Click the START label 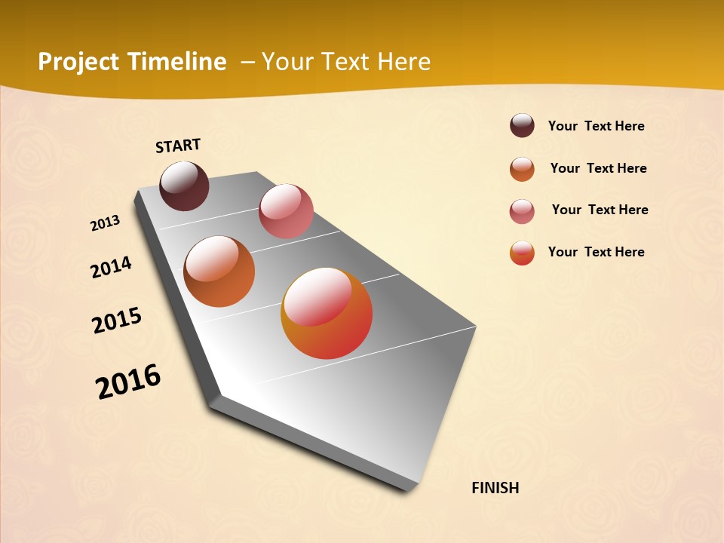(x=178, y=146)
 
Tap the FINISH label (x=495, y=488)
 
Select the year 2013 (x=105, y=223)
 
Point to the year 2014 (x=111, y=268)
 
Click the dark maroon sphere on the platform (x=184, y=186)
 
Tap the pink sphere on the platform (x=286, y=211)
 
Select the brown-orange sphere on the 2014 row (x=219, y=271)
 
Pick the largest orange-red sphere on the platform (x=327, y=313)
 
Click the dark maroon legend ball (x=522, y=126)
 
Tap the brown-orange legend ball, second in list (x=522, y=169)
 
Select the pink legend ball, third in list (x=522, y=211)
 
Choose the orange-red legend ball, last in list (x=522, y=253)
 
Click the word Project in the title (x=78, y=62)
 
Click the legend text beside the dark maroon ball (x=596, y=127)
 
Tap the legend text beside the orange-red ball (x=596, y=252)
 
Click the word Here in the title (x=403, y=62)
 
